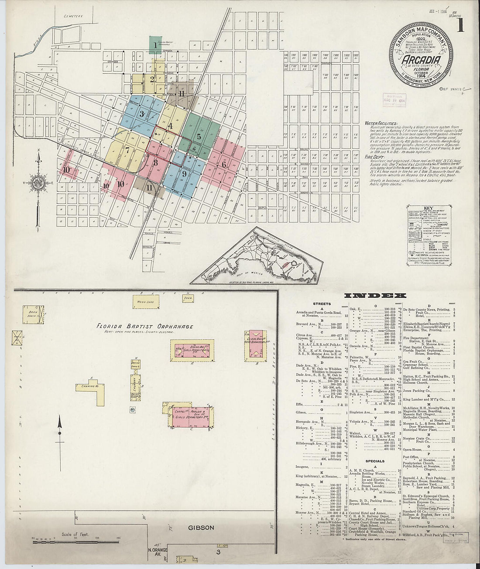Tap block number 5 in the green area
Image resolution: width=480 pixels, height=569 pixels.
pyautogui.click(x=199, y=136)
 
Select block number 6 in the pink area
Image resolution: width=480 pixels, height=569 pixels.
pyautogui.click(x=224, y=164)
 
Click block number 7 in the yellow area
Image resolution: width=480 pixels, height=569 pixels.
pyautogui.click(x=127, y=149)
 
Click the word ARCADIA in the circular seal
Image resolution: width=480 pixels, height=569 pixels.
pyautogui.click(x=421, y=60)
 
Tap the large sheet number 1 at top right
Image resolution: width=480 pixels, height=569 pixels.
pyautogui.click(x=459, y=26)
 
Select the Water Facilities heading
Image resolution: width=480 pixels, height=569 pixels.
pyautogui.click(x=381, y=123)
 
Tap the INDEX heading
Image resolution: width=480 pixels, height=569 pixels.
pyautogui.click(x=376, y=295)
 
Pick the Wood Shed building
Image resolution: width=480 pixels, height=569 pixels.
pyautogui.click(x=145, y=302)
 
